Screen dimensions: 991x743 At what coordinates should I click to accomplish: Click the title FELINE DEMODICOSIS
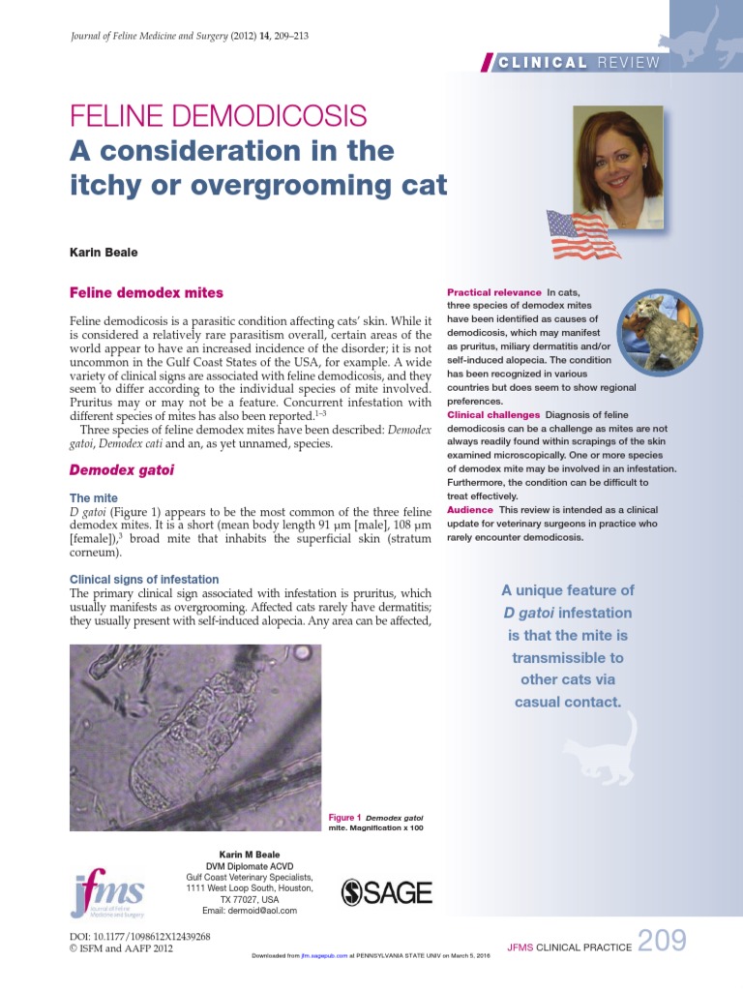click(219, 117)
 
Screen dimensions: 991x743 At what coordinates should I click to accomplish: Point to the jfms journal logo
click(108, 894)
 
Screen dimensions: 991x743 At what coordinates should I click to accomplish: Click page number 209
click(663, 941)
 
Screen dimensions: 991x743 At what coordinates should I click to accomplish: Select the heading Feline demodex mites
click(146, 292)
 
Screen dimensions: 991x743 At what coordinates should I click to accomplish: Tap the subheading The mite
click(95, 497)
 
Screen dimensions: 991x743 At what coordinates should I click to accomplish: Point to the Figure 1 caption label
click(345, 818)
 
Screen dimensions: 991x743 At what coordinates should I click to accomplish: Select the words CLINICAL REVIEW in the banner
click(579, 63)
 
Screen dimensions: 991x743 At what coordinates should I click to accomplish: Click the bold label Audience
click(469, 509)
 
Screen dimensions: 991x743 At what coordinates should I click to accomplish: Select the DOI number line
click(141, 936)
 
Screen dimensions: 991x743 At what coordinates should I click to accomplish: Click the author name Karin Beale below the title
click(104, 252)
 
